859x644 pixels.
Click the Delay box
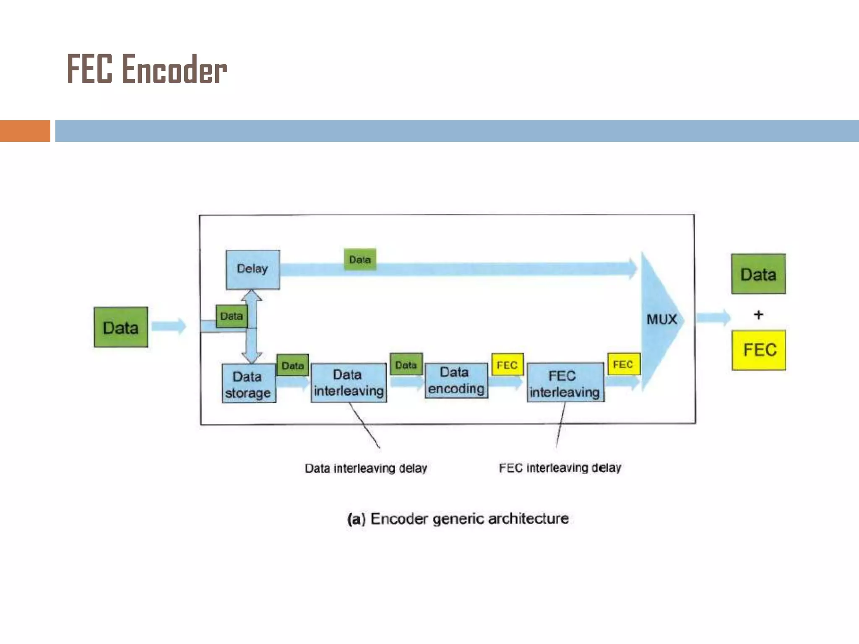252,269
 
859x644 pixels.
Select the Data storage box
248,384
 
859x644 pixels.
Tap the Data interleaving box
349,383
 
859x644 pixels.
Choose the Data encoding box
456,381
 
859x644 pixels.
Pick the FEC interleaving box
565,383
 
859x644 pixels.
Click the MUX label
661,319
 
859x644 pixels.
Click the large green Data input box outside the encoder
121,327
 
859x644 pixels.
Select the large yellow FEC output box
759,350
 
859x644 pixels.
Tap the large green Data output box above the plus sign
758,274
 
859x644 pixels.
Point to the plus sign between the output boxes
758,314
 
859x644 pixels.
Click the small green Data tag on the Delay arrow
360,260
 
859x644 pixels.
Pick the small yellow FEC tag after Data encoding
507,365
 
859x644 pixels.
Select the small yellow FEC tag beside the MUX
623,364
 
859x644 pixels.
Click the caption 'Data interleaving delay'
366,468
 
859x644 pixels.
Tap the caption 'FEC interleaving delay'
560,467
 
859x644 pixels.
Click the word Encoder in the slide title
174,70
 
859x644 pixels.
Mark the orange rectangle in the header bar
25,131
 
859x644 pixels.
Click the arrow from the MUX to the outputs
713,317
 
